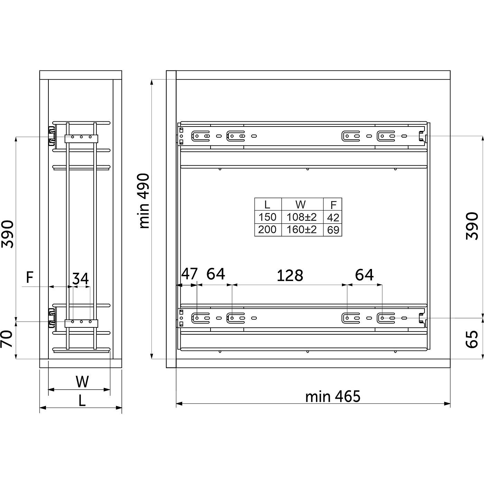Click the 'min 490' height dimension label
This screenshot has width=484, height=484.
(x=144, y=201)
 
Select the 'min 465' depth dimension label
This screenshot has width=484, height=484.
(x=333, y=397)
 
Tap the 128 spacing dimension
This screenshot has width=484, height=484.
(x=290, y=276)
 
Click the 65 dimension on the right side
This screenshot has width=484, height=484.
(x=472, y=339)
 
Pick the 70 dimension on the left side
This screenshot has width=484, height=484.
(x=7, y=339)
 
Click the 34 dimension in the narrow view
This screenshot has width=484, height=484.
(x=81, y=279)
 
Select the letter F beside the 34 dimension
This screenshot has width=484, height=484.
(x=30, y=277)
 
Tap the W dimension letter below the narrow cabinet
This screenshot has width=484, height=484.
(x=82, y=382)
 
